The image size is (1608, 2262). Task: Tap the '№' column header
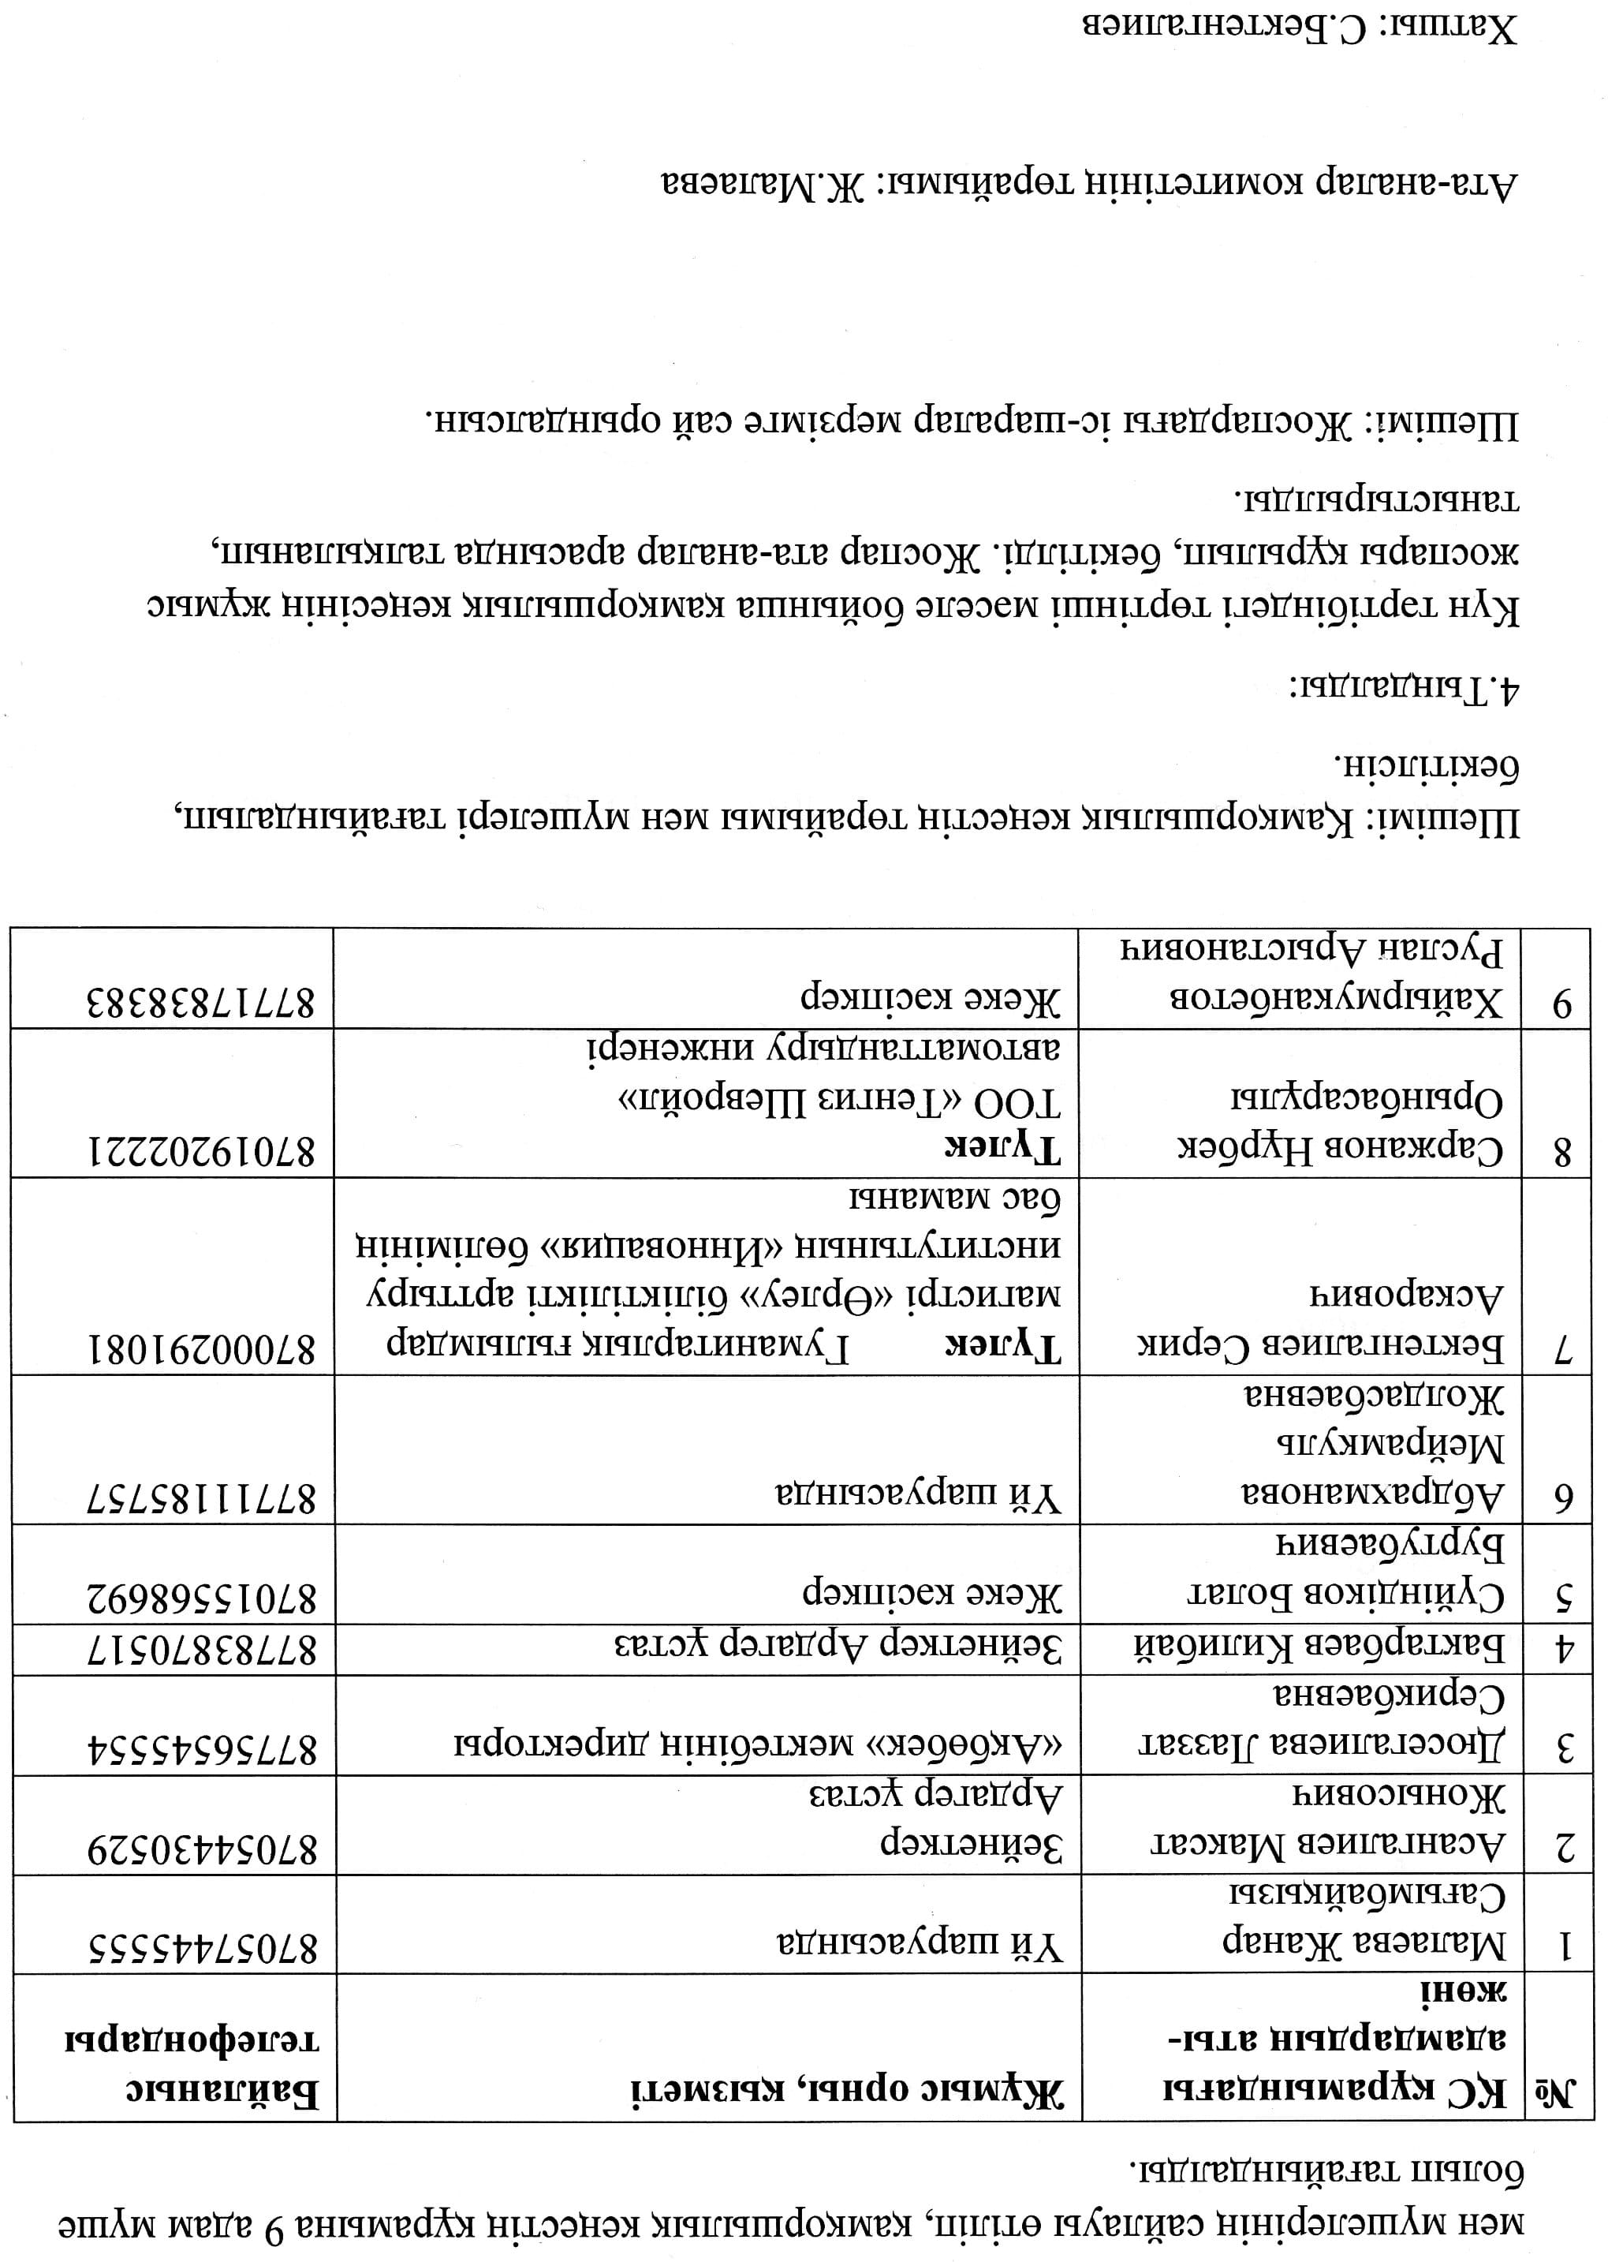coord(1557,2092)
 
